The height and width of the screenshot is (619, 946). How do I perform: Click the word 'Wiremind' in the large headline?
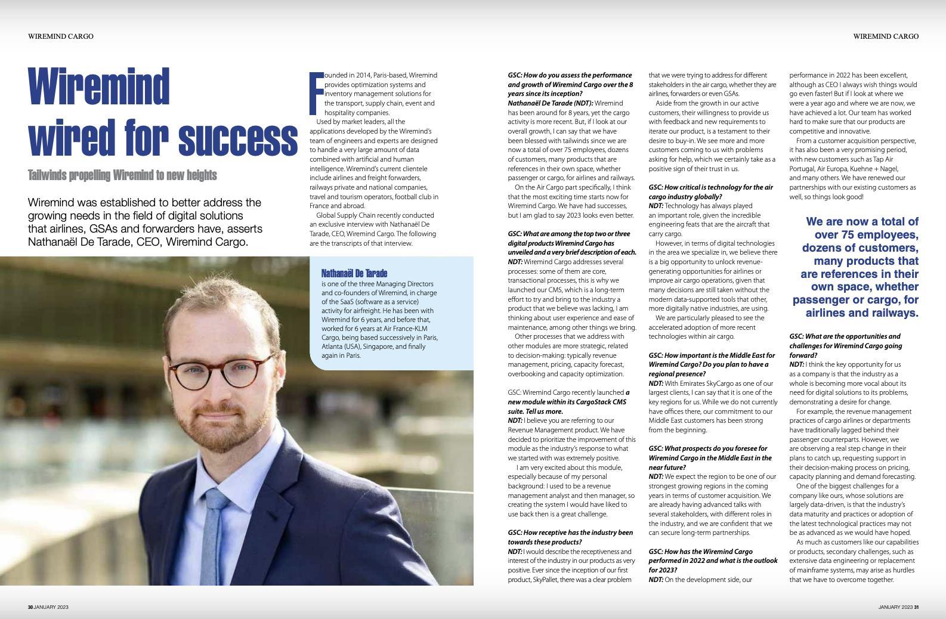click(x=99, y=87)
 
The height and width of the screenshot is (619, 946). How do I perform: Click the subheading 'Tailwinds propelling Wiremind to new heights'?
click(x=122, y=175)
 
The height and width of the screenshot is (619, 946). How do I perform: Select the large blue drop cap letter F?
click(x=316, y=93)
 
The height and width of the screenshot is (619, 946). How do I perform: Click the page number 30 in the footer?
click(x=30, y=607)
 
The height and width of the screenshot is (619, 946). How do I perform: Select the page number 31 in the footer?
click(x=916, y=607)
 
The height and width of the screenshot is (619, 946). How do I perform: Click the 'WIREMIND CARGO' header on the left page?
click(x=60, y=36)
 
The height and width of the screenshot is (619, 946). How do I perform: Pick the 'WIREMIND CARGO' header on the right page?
click(x=886, y=36)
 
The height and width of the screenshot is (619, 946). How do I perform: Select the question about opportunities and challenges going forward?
click(x=845, y=346)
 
